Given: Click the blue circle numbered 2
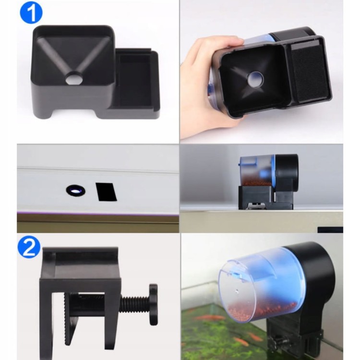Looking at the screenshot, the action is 29,247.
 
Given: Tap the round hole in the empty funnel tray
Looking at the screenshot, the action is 74,78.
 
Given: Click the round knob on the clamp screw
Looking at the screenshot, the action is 154,304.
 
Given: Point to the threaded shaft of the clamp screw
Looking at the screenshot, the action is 135,305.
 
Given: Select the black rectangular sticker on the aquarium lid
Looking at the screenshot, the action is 106,192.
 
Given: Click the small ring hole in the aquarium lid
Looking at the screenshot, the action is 76,191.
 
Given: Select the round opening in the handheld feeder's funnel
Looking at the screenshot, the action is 255,79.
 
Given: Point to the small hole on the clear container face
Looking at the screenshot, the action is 237,291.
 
